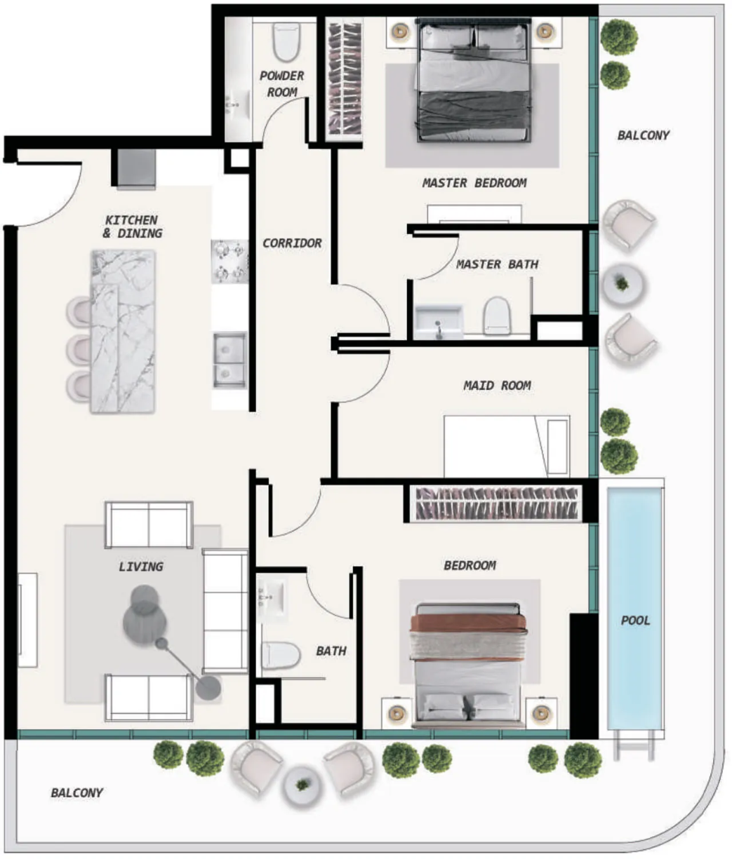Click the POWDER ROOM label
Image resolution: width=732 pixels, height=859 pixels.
click(281, 84)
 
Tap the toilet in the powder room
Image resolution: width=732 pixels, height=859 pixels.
click(286, 41)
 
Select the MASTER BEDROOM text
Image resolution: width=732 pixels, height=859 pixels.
click(474, 183)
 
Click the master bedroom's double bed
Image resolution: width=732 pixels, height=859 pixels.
click(474, 80)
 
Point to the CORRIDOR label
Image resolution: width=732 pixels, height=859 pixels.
click(292, 243)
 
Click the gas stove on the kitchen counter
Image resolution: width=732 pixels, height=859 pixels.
click(229, 262)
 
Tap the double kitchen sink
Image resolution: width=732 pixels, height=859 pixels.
click(230, 360)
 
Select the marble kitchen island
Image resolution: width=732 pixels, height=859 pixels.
click(123, 331)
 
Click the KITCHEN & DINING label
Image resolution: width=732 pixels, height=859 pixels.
click(132, 226)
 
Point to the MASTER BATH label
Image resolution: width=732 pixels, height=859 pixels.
click(497, 264)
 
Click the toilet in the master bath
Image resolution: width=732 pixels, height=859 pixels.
click(497, 315)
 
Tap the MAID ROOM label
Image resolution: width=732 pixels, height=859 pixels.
click(497, 385)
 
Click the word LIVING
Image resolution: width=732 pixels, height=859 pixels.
click(141, 567)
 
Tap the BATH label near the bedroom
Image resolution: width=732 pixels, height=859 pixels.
click(331, 651)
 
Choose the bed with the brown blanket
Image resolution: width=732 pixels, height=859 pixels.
click(468, 665)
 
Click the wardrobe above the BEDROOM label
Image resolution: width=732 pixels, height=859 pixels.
click(497, 503)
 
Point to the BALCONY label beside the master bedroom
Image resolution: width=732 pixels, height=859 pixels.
click(644, 135)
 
